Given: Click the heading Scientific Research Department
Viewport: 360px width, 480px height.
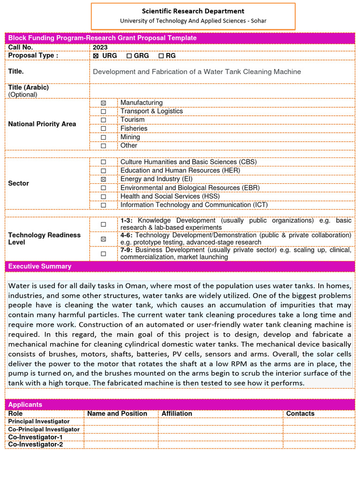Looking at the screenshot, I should (193, 11).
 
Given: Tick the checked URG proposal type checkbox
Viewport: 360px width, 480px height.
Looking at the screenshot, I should (96, 56).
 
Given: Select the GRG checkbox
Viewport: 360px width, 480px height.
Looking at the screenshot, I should (129, 56).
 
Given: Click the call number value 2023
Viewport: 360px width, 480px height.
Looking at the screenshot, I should (100, 47).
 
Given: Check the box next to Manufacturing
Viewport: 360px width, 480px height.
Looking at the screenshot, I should (103, 103).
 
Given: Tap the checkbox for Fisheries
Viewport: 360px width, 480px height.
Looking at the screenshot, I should (103, 128).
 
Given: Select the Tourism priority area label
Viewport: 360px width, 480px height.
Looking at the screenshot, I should (133, 120).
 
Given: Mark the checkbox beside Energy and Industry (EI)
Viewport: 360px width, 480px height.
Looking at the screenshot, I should (103, 179).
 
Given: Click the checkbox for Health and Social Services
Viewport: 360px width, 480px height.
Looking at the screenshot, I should (103, 196).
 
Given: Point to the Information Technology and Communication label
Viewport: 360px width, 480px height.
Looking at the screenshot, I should (194, 205).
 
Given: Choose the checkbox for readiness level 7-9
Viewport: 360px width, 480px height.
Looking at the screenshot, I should (103, 254).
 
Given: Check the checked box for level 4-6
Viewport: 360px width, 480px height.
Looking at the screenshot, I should (103, 239).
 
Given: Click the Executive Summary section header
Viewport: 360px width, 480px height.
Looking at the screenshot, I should (40, 266).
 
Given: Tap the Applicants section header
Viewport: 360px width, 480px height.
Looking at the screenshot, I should (25, 405).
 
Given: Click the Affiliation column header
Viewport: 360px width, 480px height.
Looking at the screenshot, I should (177, 413).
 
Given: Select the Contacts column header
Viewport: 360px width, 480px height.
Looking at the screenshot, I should (300, 413).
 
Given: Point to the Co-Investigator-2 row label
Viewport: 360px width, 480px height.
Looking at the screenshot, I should (36, 444).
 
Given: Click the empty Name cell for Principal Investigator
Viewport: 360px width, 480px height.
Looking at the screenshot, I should (121, 421).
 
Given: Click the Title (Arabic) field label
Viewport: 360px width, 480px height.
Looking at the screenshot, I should (29, 88).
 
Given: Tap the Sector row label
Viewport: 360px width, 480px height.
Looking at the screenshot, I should (19, 183).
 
